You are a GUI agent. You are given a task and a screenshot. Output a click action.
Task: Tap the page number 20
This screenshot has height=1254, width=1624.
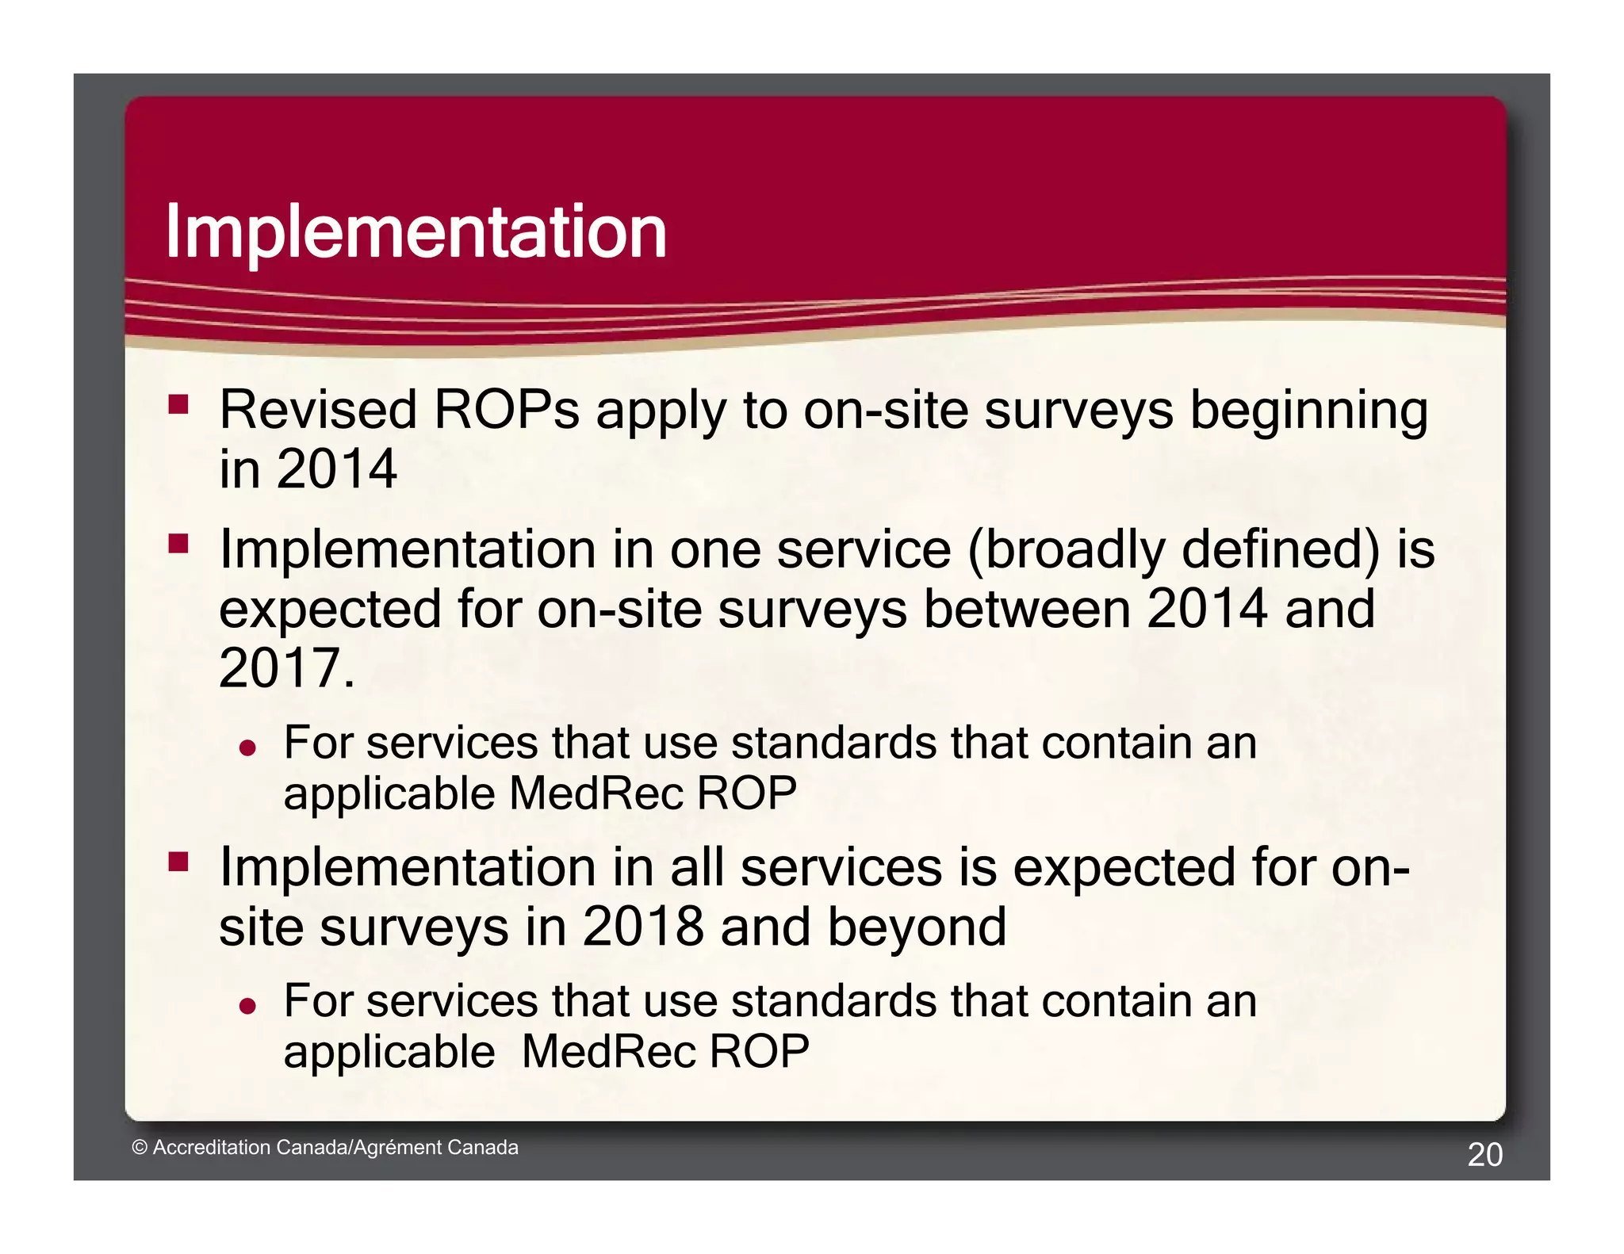point(1484,1154)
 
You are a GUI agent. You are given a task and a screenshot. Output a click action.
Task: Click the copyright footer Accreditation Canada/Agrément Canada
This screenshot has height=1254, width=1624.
point(325,1147)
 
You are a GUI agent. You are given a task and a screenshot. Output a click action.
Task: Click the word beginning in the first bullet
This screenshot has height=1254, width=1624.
point(1309,412)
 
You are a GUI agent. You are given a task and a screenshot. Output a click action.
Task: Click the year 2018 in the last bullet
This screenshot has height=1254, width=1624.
point(642,926)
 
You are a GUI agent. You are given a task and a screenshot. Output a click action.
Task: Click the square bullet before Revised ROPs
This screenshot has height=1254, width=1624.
point(178,405)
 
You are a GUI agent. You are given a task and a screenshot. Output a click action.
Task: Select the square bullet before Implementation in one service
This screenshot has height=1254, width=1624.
point(178,544)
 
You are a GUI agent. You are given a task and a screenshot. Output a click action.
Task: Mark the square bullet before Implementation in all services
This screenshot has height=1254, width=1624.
point(178,862)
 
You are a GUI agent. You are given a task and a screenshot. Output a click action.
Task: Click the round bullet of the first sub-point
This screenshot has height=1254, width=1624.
point(248,747)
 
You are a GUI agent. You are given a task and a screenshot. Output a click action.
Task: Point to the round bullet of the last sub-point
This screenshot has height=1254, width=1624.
point(248,1006)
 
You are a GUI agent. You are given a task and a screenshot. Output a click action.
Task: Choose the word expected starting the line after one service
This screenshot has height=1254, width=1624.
point(330,610)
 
